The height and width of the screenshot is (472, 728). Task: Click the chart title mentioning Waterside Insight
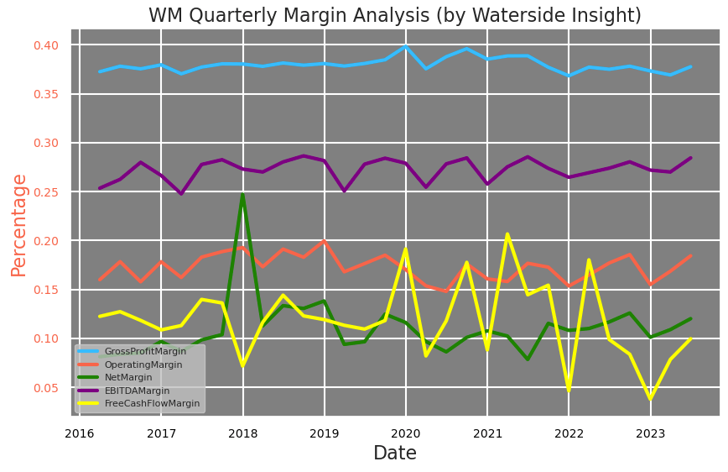394,15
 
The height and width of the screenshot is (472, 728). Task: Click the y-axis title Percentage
18,224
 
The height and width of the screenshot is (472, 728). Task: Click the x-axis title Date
394,454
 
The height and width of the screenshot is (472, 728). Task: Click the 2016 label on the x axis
80,433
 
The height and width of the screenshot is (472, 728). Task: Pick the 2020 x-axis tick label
406,433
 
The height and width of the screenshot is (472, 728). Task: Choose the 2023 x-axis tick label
650,433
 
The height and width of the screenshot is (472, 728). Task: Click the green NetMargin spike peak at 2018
242,195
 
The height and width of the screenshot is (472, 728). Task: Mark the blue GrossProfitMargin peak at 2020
406,46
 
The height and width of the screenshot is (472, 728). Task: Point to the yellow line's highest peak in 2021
507,234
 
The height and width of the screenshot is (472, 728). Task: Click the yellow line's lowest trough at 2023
650,399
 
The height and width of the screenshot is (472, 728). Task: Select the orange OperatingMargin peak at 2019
324,241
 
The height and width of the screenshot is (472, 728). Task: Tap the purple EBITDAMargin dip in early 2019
344,191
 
